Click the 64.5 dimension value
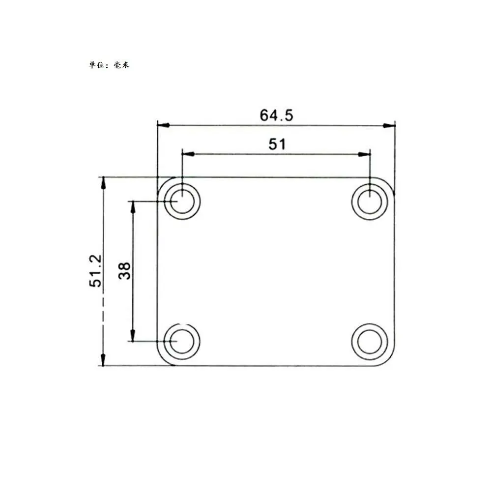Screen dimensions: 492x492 tap(276, 115)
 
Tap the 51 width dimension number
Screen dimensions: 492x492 tap(277, 145)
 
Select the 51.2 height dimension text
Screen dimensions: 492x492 tap(96, 271)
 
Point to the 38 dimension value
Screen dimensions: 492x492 tap(124, 271)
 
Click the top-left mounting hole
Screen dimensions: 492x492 tap(182, 202)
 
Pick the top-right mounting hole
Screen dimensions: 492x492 tap(370, 202)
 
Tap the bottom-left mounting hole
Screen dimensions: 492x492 tap(182, 342)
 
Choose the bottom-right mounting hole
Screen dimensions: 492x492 tap(370, 342)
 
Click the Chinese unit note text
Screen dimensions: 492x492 tap(109, 65)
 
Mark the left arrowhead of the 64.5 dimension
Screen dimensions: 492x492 tap(163, 125)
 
